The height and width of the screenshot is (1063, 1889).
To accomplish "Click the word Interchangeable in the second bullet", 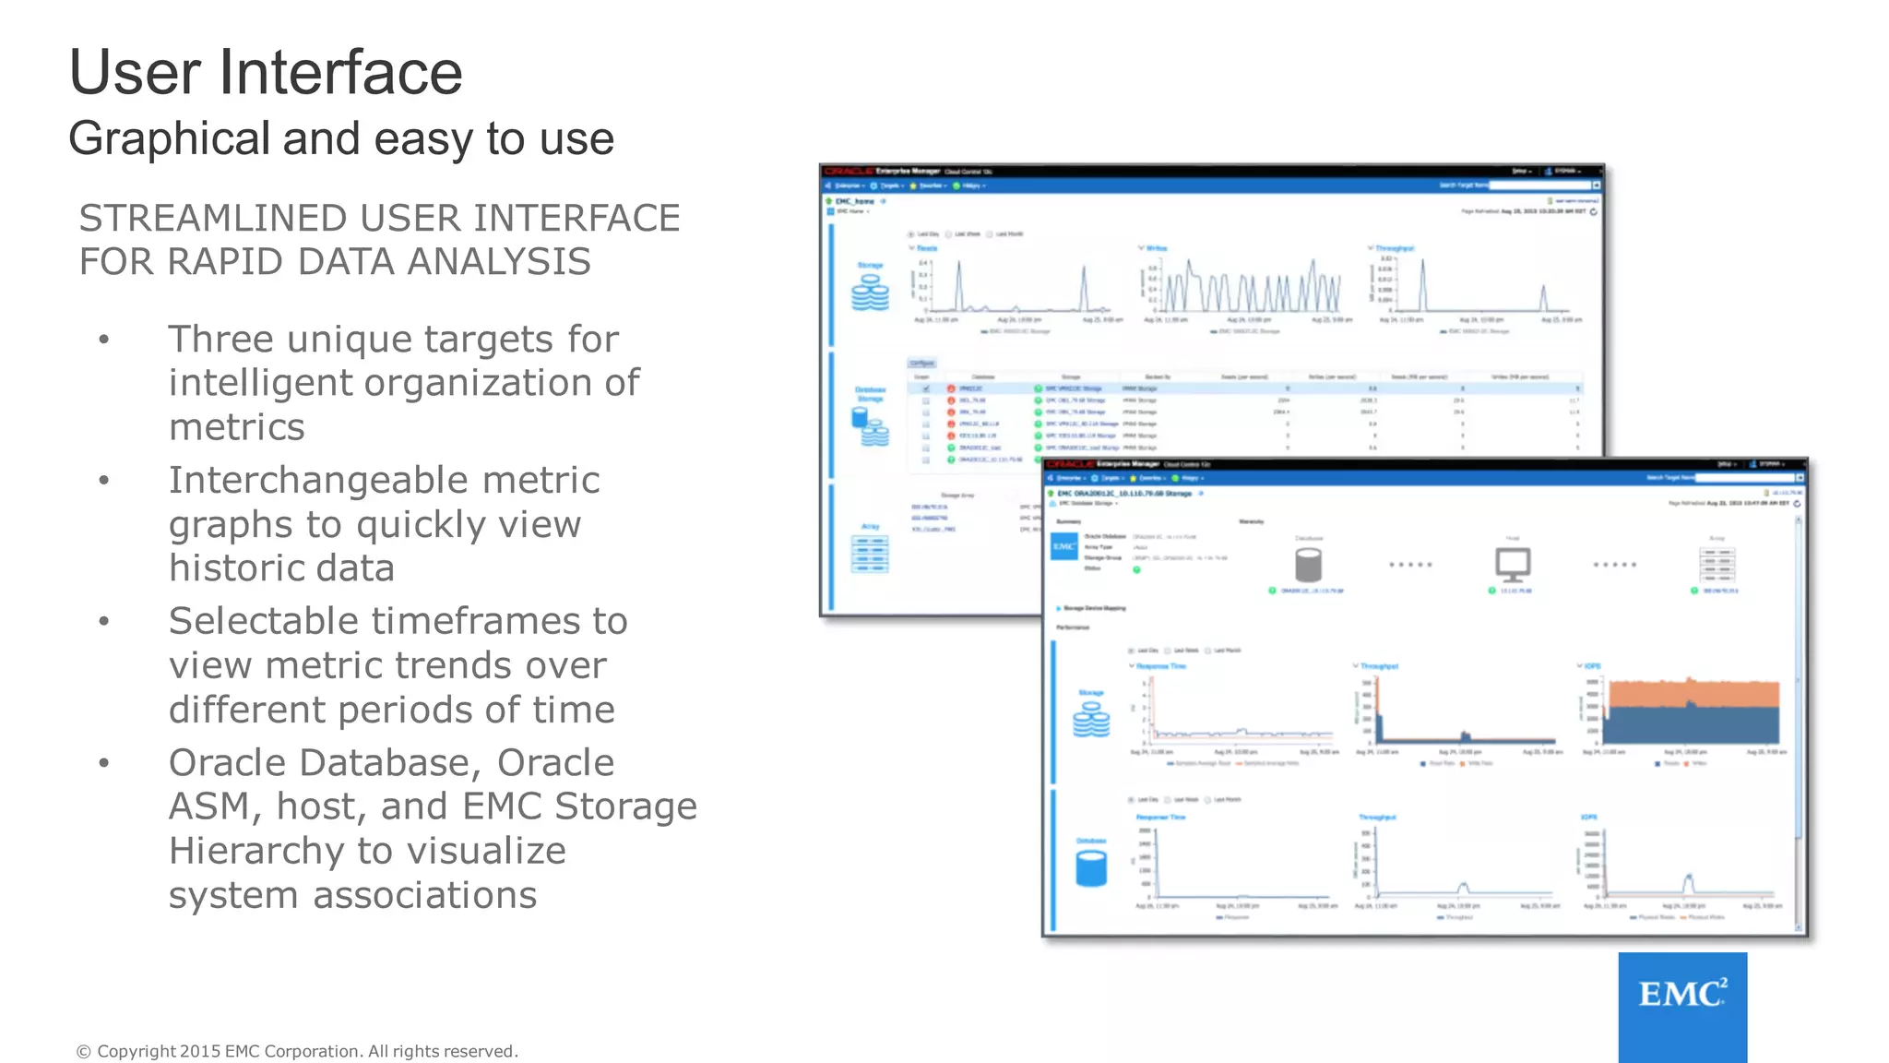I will pos(384,481).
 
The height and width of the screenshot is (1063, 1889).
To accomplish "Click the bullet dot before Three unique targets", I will pos(104,340).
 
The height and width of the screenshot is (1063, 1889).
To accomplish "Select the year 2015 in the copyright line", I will pos(200,1051).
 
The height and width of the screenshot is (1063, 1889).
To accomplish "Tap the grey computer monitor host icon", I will pos(1513,563).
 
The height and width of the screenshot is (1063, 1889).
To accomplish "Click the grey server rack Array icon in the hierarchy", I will pos(1717,564).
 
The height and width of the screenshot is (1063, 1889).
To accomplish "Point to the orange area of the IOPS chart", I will pos(1691,693).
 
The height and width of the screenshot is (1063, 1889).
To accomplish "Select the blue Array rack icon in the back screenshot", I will pos(870,555).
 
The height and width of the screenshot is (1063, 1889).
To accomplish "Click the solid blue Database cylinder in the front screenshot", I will pos(1091,868).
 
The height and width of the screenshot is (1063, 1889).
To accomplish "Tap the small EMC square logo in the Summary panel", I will pos(1063,547).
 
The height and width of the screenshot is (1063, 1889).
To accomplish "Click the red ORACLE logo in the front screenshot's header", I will pos(1069,464).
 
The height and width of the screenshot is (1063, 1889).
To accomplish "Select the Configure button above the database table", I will pos(921,364).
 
